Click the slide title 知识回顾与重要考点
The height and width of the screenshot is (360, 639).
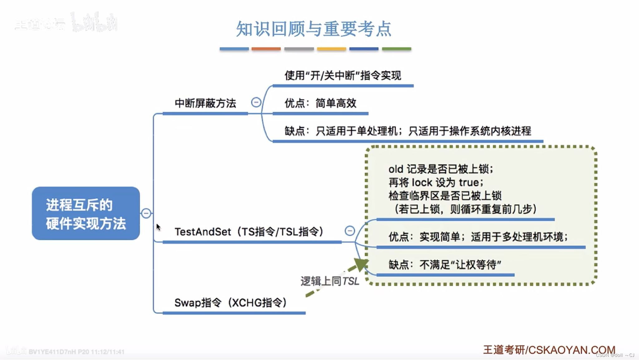click(314, 29)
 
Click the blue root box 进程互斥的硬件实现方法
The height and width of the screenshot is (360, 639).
click(86, 213)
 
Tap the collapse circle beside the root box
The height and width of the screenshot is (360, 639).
click(146, 213)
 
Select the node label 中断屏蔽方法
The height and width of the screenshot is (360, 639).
click(205, 103)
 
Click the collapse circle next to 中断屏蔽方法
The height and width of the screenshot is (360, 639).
click(256, 102)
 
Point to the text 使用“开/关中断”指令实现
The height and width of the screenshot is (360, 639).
click(343, 75)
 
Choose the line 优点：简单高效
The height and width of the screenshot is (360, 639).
click(320, 103)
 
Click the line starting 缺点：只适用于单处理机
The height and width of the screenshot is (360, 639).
click(408, 131)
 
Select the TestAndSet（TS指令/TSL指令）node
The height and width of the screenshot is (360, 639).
click(249, 232)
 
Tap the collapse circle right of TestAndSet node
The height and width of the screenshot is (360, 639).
click(350, 231)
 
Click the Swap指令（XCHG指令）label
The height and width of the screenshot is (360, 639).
click(231, 303)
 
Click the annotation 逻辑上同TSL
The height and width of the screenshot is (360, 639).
click(330, 281)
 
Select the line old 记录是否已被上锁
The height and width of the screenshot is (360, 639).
click(441, 169)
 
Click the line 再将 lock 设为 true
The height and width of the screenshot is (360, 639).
click(436, 182)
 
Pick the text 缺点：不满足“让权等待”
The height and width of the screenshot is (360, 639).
click(445, 265)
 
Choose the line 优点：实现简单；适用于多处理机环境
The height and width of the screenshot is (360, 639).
click(478, 237)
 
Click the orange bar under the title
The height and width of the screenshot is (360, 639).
click(266, 49)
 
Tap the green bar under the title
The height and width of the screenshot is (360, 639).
click(397, 49)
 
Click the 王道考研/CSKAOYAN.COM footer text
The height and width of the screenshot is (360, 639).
click(549, 350)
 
